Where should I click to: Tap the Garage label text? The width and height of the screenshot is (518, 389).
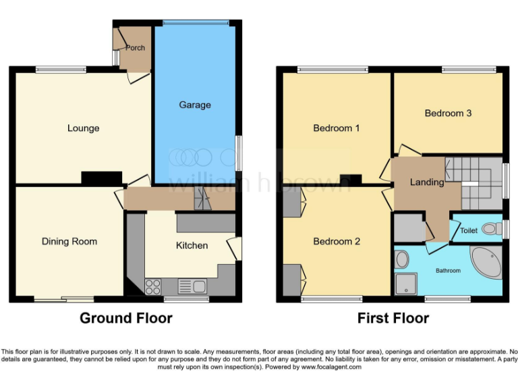coord(194,105)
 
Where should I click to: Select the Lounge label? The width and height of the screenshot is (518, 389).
coord(83,128)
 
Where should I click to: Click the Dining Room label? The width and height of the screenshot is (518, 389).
coord(69,242)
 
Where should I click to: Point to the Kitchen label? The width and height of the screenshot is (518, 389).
coord(192,245)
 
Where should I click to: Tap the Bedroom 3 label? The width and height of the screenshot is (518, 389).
coord(448,113)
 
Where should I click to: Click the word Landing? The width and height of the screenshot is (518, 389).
coord(427,182)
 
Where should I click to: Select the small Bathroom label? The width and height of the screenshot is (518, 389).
coord(448,271)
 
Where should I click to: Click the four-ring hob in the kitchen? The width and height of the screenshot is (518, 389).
coord(153,286)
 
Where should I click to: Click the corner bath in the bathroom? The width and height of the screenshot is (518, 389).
coord(486,263)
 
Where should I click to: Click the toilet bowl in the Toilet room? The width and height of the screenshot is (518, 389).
coord(492,230)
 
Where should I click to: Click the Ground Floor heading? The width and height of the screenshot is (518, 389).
coord(125,318)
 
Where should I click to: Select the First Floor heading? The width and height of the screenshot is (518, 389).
coord(394,318)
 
